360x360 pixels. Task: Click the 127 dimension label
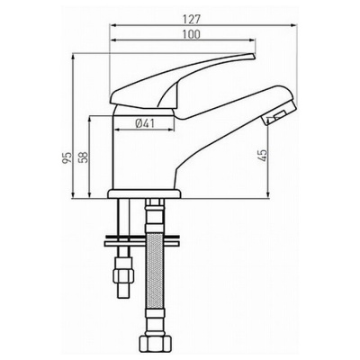pyautogui.click(x=192, y=20)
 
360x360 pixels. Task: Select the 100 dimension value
pyautogui.click(x=191, y=34)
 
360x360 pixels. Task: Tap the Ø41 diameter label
pyautogui.click(x=145, y=123)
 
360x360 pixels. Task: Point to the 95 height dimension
pyautogui.click(x=67, y=157)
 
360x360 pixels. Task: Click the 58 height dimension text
pyautogui.click(x=84, y=157)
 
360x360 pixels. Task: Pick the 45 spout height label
pyautogui.click(x=262, y=156)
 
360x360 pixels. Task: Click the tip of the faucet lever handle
pyautogui.click(x=254, y=56)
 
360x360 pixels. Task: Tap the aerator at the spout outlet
pyautogui.click(x=274, y=118)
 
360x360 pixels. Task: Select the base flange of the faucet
pyautogui.click(x=144, y=193)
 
